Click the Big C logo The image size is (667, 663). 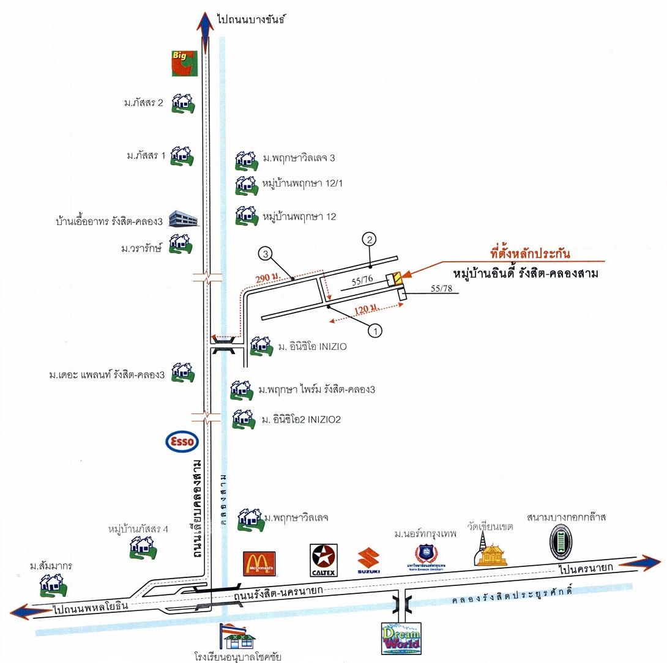pos(184,63)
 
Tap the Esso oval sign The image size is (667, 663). pos(181,441)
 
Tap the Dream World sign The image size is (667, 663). pos(400,639)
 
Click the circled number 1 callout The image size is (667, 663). pos(374,330)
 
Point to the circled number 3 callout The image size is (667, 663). pos(265,253)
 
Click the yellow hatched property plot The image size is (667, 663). pos(398,278)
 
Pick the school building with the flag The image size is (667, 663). pos(239,637)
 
